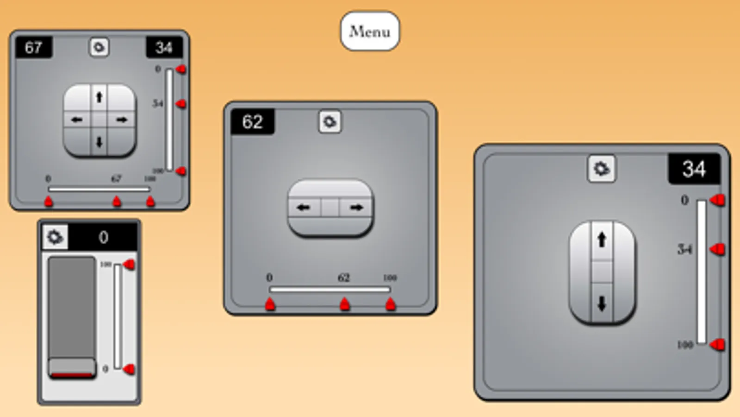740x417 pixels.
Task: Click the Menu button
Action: [x=370, y=31]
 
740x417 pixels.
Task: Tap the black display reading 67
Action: [x=33, y=47]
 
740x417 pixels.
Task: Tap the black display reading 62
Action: [x=252, y=122]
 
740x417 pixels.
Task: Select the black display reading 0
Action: [x=103, y=237]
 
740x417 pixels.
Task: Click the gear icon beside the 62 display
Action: [x=330, y=122]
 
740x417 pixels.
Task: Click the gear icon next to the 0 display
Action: [x=55, y=237]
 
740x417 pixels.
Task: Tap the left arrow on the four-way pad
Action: [x=76, y=120]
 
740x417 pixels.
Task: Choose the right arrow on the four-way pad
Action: [x=122, y=120]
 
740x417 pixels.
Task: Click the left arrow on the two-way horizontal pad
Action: [x=303, y=207]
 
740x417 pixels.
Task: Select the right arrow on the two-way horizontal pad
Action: [x=356, y=207]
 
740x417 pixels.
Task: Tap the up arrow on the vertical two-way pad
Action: [x=602, y=240]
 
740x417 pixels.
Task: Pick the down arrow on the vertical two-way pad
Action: [x=602, y=304]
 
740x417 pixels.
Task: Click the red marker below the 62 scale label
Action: [x=344, y=304]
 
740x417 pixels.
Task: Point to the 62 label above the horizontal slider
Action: [x=343, y=278]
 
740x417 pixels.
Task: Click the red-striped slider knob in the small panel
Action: [x=72, y=368]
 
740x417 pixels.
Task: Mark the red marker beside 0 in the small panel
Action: [x=129, y=369]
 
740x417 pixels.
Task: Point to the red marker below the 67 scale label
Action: [x=117, y=201]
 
